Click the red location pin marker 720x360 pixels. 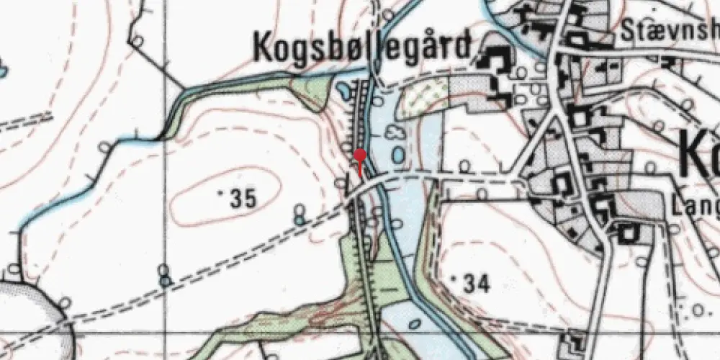(361, 156)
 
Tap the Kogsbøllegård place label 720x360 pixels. (364, 48)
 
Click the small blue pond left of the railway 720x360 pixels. (344, 91)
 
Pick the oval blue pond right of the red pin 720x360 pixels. (397, 155)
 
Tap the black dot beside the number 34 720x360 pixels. (454, 276)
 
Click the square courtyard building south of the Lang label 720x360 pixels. (629, 233)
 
